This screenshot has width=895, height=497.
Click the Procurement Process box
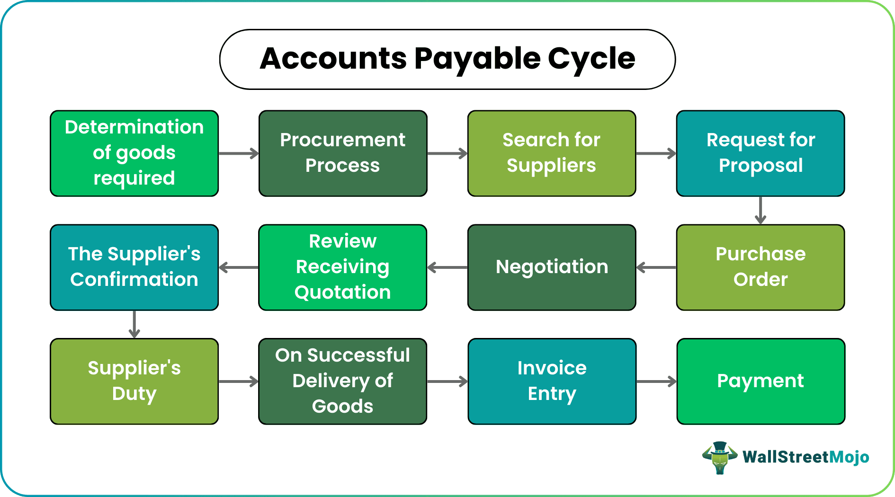click(343, 153)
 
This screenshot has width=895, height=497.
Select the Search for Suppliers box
click(551, 153)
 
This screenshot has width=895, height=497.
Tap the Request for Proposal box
click(760, 153)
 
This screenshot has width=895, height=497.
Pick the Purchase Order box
click(760, 267)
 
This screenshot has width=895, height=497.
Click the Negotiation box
click(551, 267)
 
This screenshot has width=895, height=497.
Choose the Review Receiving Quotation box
click(342, 267)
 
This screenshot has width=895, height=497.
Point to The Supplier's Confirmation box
click(134, 267)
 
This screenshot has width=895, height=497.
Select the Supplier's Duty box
click(134, 381)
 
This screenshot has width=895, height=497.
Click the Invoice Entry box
click(552, 381)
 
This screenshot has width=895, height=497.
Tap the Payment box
click(761, 381)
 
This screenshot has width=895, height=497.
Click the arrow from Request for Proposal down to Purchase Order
click(761, 210)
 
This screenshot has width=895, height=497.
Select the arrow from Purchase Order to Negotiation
click(656, 267)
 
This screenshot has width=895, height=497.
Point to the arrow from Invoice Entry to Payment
click(656, 382)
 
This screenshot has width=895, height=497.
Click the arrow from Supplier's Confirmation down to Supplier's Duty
click(134, 324)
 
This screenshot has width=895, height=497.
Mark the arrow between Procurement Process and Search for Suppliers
click(447, 153)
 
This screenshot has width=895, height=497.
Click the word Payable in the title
click(477, 59)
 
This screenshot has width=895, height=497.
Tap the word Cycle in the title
click(591, 59)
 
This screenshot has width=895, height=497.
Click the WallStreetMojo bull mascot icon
click(719, 457)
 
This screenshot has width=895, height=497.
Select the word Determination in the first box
click(134, 127)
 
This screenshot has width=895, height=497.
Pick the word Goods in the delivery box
click(342, 406)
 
